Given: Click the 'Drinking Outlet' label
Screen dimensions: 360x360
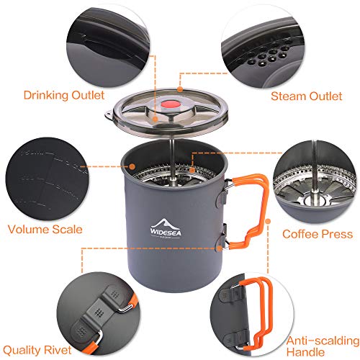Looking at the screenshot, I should [63, 94].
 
